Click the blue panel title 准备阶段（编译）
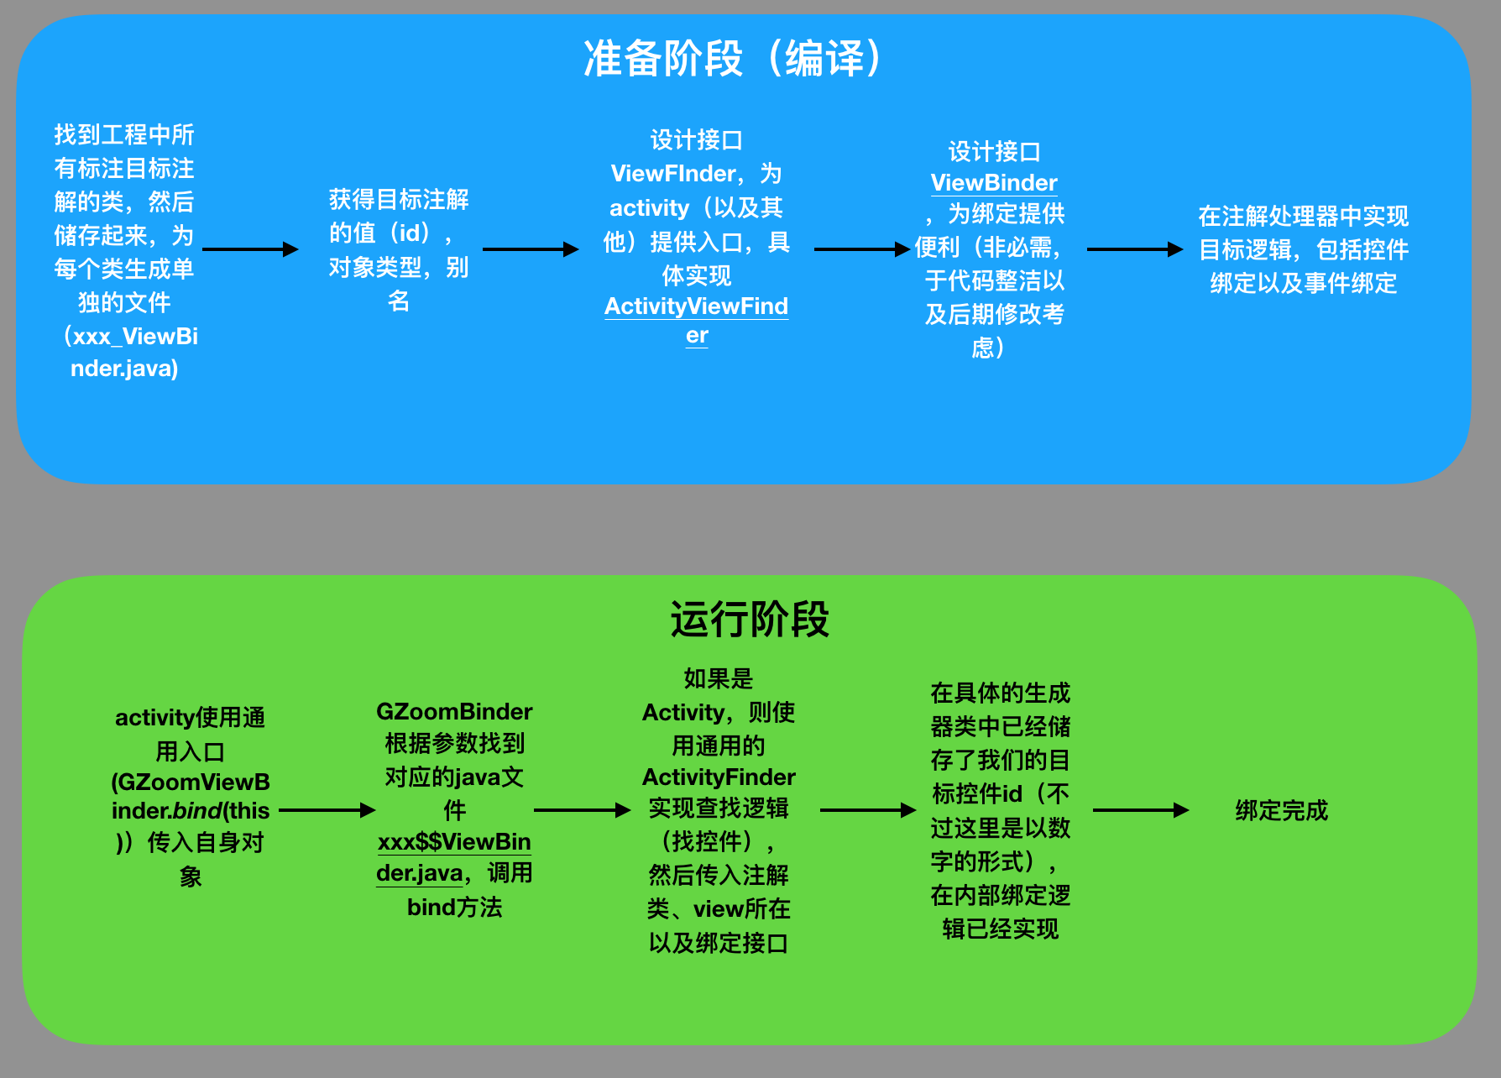click(733, 59)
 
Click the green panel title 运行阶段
click(750, 620)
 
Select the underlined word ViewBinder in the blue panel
click(994, 183)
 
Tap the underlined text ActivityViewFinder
click(696, 307)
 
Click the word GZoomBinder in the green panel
click(454, 712)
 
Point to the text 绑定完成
click(1281, 811)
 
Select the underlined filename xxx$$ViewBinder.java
click(454, 842)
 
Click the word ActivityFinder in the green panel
click(719, 777)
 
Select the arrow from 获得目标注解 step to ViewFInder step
click(531, 249)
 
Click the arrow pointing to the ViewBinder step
click(862, 249)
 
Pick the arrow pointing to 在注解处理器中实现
click(1135, 249)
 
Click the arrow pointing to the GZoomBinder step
click(327, 810)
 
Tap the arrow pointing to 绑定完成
click(1141, 810)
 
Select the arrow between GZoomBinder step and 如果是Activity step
click(582, 810)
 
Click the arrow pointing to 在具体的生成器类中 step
click(868, 810)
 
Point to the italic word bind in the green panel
click(197, 811)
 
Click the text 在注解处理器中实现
click(1303, 217)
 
